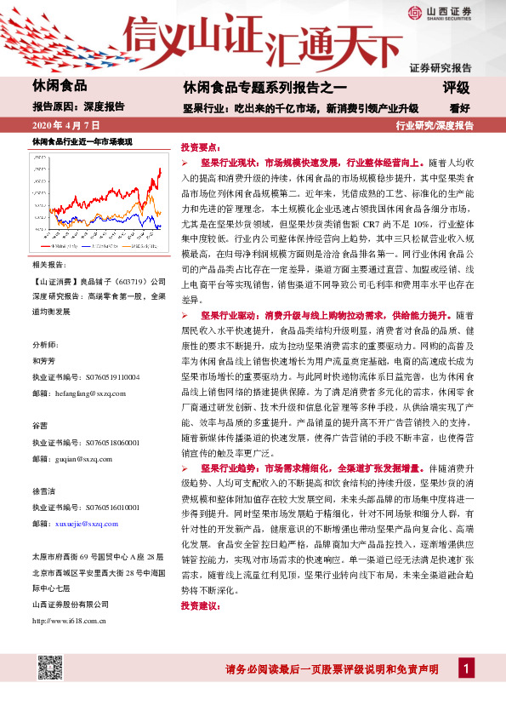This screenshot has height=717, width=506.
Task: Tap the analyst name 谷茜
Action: click(x=39, y=424)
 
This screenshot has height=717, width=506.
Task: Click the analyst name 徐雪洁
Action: click(x=43, y=490)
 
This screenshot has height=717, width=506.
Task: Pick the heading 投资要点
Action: click(x=200, y=146)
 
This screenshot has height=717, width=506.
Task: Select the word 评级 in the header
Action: click(x=455, y=88)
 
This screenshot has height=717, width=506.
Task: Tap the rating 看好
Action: click(x=460, y=108)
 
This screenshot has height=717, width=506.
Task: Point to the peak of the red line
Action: click(x=159, y=169)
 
